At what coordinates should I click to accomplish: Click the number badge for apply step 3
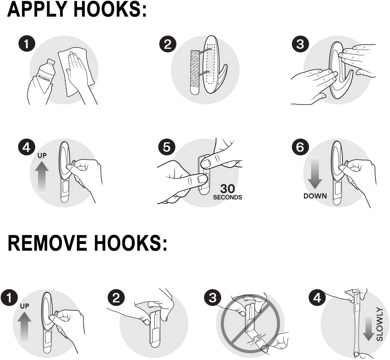pyautogui.click(x=300, y=44)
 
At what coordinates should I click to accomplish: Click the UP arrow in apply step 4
pyautogui.click(x=42, y=176)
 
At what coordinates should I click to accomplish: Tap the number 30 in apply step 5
pyautogui.click(x=227, y=189)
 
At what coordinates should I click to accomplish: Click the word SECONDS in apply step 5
pyautogui.click(x=227, y=197)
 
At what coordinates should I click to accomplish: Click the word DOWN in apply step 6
pyautogui.click(x=315, y=196)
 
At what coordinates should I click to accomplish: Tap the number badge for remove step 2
pyautogui.click(x=116, y=298)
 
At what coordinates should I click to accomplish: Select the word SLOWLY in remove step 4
pyautogui.click(x=380, y=324)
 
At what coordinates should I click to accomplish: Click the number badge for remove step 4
pyautogui.click(x=317, y=298)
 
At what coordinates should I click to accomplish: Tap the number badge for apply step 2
pyautogui.click(x=167, y=44)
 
